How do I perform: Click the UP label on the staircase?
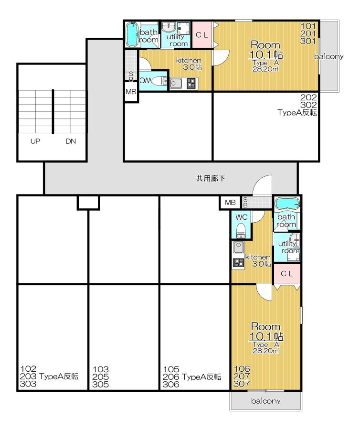pos(35,141)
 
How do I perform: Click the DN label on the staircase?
pos(71,141)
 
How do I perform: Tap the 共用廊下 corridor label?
pos(211,179)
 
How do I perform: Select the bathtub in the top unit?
pos(133,34)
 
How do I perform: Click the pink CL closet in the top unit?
pos(202,35)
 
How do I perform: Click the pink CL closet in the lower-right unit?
pos(287,274)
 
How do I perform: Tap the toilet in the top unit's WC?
pos(159,81)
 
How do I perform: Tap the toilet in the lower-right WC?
pos(241,230)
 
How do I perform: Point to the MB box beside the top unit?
pos(131,92)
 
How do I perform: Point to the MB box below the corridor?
pos(230,203)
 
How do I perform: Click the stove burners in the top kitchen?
pos(191,83)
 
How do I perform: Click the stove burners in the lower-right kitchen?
pos(238,263)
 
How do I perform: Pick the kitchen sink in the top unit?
pos(176,83)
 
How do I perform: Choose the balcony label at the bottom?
pos(266,401)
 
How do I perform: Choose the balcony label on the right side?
pos(328,56)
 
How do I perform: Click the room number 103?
pos(101,369)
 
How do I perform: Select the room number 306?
pos(171,385)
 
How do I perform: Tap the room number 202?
pos(308,97)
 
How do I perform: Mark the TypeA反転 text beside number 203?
pos(59,376)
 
